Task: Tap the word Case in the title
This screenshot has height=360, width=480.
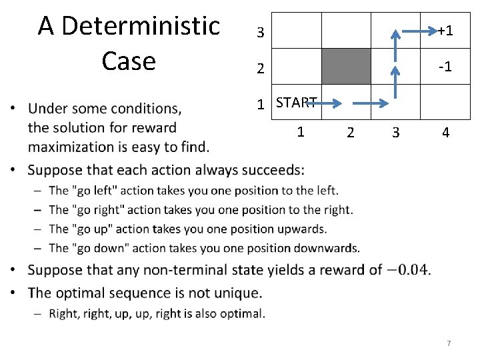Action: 129,61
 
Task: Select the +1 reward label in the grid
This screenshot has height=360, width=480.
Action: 445,31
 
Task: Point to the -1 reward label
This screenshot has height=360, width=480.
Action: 445,67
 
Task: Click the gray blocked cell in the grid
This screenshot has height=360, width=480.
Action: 346,67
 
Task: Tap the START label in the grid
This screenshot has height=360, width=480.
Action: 295,103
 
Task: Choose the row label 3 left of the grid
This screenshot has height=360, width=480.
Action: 261,32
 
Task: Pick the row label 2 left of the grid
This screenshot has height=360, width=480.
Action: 261,69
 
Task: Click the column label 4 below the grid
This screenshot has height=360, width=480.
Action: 445,133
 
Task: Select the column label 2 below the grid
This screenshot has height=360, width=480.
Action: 350,133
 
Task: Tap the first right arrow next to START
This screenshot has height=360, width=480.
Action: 327,103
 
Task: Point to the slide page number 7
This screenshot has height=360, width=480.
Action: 449,343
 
